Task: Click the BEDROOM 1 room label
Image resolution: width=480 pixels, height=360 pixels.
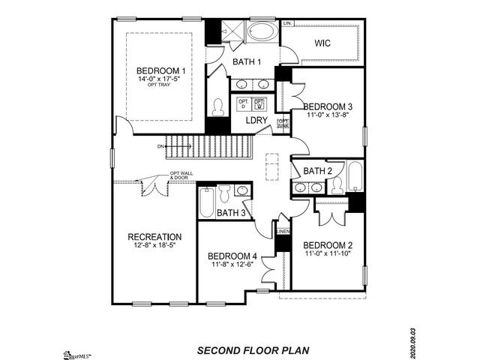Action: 161,71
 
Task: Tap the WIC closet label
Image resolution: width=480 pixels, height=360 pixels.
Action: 323,43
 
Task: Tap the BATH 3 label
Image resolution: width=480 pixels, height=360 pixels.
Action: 231,213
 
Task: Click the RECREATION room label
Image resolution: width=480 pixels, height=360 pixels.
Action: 154,237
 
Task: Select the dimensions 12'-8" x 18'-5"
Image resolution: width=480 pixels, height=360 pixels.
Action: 154,246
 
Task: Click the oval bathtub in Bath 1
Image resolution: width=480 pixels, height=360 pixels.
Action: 262,33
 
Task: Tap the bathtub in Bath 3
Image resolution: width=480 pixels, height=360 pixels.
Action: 207,200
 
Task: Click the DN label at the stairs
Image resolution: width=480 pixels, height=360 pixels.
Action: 160,146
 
